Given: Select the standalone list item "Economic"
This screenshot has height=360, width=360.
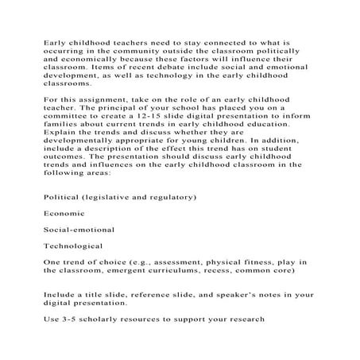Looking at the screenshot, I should tap(67, 236).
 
